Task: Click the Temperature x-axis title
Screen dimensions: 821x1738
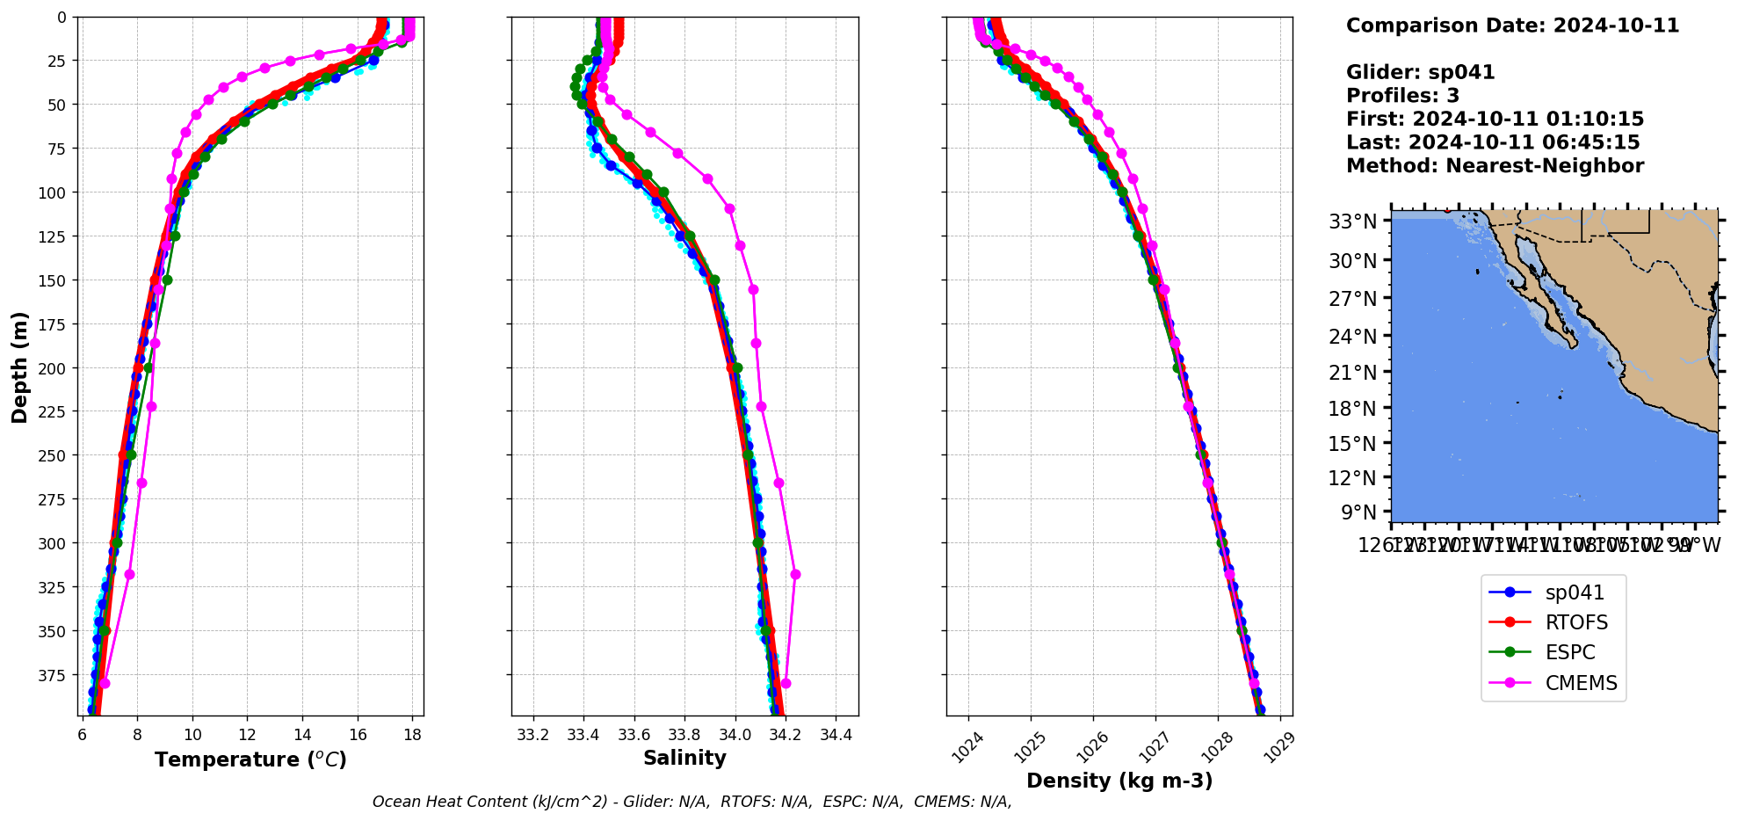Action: [250, 759]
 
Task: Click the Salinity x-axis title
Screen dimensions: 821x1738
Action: [684, 759]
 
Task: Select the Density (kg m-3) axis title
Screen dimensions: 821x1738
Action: [1119, 781]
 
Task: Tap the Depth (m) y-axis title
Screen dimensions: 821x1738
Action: [19, 367]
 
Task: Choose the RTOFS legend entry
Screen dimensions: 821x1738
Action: [1576, 623]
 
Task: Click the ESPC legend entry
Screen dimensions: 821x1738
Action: [1569, 653]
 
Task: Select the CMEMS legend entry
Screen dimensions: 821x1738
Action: [1581, 683]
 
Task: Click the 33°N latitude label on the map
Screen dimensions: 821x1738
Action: [1352, 222]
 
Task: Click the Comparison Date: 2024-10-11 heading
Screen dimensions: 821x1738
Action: [1512, 25]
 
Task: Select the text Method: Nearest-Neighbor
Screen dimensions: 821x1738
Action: [1495, 166]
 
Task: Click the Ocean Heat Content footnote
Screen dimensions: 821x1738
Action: [692, 802]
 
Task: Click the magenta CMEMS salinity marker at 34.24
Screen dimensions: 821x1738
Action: [795, 574]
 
